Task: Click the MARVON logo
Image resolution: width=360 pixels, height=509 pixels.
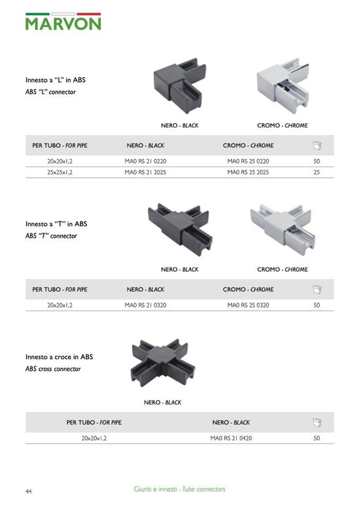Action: click(63, 22)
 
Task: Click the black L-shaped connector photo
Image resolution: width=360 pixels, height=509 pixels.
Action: click(179, 85)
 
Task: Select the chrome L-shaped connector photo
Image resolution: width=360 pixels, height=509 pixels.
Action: click(282, 85)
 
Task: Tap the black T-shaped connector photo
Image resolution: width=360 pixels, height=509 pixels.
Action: click(180, 229)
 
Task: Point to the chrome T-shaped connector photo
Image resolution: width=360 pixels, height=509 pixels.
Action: click(282, 229)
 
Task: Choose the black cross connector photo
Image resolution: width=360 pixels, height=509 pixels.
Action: click(163, 363)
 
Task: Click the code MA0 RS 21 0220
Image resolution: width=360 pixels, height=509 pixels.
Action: click(145, 161)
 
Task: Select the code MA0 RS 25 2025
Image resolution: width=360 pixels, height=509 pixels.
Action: click(248, 172)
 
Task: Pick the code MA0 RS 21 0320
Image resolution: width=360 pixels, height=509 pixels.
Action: click(145, 305)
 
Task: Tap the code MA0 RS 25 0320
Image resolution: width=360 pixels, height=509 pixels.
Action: click(248, 305)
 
